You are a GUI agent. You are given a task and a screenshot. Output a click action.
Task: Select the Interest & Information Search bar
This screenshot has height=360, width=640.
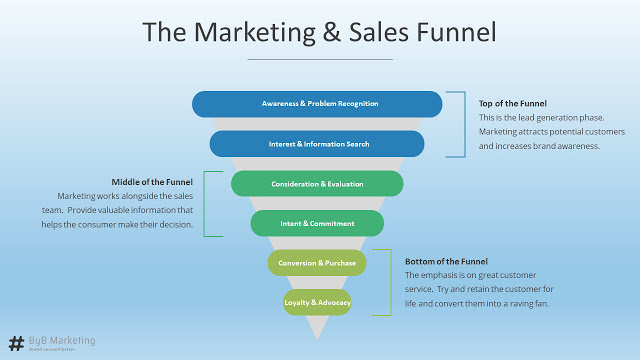pyautogui.click(x=318, y=144)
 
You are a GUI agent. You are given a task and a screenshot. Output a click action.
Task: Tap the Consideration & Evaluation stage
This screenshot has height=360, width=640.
pyautogui.click(x=317, y=184)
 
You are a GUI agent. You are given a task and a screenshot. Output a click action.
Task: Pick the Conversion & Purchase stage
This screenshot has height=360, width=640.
pyautogui.click(x=317, y=263)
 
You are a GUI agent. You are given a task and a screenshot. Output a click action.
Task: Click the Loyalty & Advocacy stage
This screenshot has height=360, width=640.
pyautogui.click(x=317, y=302)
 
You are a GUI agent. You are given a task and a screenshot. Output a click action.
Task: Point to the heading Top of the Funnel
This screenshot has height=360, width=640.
pyautogui.click(x=513, y=103)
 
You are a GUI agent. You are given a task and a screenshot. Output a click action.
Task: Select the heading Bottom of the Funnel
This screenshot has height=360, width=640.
pyautogui.click(x=446, y=260)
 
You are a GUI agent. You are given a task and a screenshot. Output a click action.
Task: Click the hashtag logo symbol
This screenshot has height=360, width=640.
pyautogui.click(x=16, y=342)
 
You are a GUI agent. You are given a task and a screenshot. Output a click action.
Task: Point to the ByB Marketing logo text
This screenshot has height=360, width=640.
pyautogui.click(x=62, y=340)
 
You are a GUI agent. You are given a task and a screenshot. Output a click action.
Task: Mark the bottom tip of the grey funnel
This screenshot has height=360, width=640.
pyautogui.click(x=317, y=336)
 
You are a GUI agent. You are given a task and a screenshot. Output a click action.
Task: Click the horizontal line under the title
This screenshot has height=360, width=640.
pyautogui.click(x=319, y=59)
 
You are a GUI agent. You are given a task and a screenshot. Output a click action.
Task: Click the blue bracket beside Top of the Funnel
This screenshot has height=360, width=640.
pyautogui.click(x=464, y=124)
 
